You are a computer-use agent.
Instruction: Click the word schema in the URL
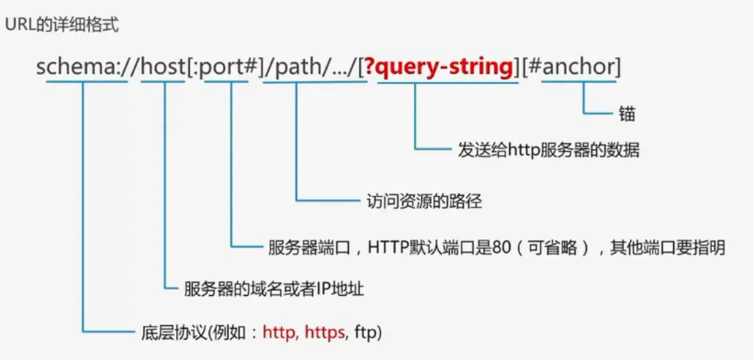pos(72,66)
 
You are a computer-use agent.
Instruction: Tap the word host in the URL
pos(162,66)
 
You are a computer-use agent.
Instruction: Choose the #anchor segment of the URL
pos(575,66)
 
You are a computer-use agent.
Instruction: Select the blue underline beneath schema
pos(82,81)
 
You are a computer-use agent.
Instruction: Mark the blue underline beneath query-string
pos(447,81)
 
